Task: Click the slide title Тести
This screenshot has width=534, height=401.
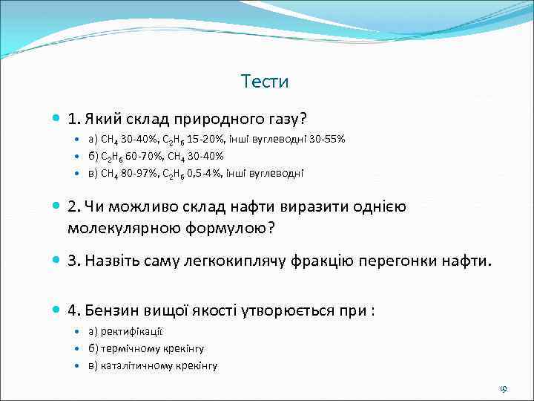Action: pos(265,82)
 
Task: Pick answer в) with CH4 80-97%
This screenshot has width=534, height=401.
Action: pos(196,173)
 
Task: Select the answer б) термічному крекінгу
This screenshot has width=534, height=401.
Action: pos(146,348)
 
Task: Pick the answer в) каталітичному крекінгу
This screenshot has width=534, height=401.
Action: pos(153,365)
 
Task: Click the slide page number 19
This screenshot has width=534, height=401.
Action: pos(503,388)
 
